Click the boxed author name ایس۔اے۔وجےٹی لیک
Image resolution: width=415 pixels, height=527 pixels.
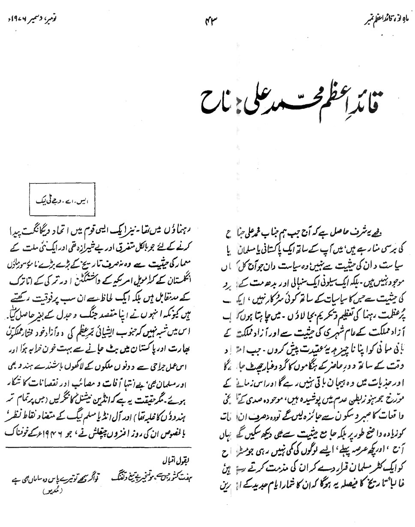click(x=62, y=200)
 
